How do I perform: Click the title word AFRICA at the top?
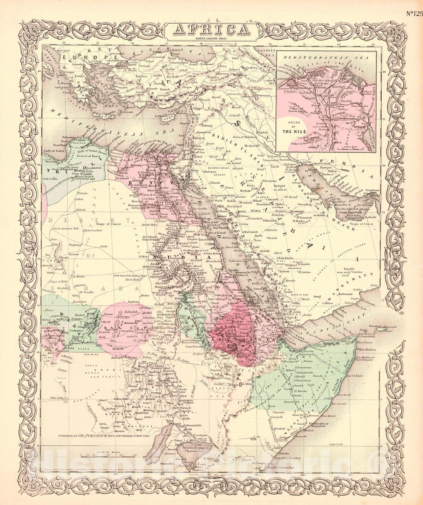(211, 30)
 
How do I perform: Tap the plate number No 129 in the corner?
(414, 6)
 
